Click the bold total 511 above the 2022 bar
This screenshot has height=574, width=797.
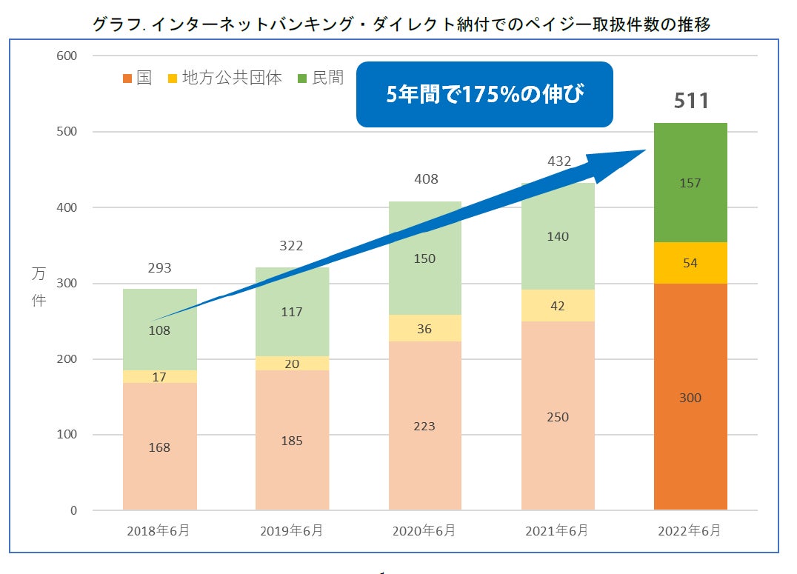pos(690,100)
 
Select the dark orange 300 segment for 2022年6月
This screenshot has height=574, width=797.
pos(690,397)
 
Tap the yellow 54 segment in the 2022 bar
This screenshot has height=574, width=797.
pos(690,263)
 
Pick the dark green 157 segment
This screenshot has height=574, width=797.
pos(690,182)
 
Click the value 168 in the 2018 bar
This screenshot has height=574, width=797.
pos(159,447)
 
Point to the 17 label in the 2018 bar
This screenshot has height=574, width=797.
pos(159,377)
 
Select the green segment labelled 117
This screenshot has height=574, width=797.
pos(292,312)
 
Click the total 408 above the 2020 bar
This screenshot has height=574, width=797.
pos(426,178)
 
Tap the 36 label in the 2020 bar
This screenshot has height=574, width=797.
pos(424,328)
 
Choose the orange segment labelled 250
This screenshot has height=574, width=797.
pos(557,416)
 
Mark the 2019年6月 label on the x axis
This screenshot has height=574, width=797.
pos(292,531)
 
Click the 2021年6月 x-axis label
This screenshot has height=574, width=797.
pos(557,531)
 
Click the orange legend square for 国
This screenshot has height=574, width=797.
pos(127,79)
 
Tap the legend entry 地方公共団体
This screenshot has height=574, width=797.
pos(232,78)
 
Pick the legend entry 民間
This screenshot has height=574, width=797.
pos(327,78)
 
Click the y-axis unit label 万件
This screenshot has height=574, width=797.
pos(39,288)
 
